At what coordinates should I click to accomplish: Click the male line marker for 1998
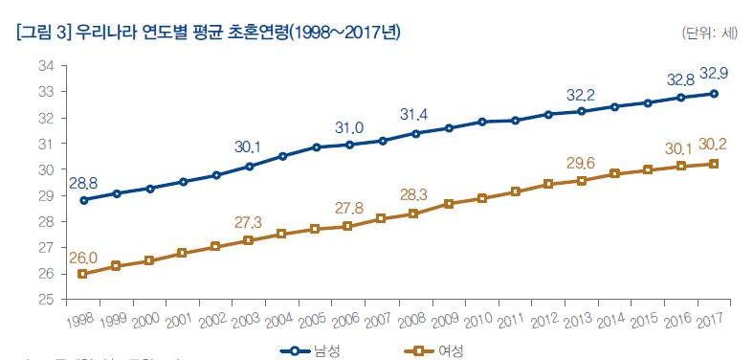(83, 200)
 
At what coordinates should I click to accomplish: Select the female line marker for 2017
(715, 164)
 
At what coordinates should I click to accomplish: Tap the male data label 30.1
(248, 146)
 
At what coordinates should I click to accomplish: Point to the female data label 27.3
(248, 222)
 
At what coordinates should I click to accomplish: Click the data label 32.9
(715, 74)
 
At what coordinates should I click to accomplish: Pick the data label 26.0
(81, 257)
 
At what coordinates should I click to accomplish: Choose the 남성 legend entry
(311, 350)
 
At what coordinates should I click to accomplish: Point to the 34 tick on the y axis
(45, 66)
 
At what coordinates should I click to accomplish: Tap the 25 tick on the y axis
(45, 300)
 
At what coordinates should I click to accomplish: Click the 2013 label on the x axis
(575, 317)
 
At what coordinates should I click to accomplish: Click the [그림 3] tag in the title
(44, 33)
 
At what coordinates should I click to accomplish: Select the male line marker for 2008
(415, 133)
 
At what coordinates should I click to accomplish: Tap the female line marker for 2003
(249, 240)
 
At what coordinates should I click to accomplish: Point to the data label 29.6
(581, 163)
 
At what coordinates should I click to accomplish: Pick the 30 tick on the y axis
(45, 169)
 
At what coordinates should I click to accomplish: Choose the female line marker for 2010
(482, 198)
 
